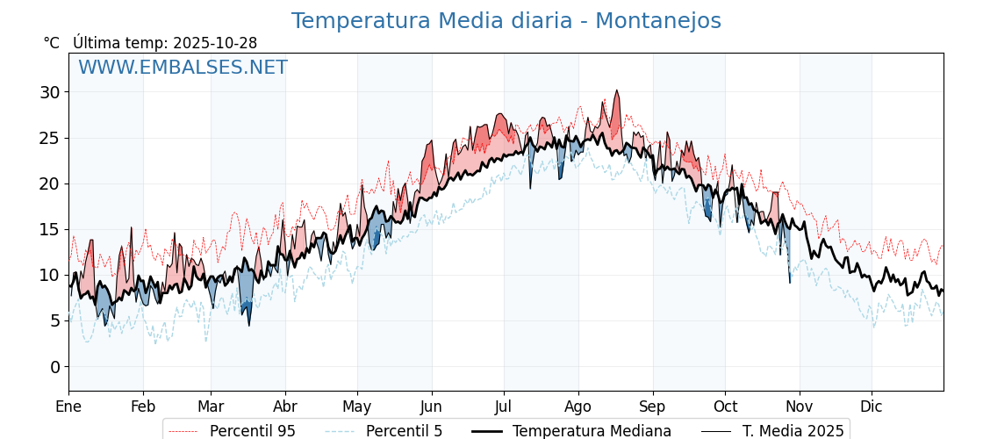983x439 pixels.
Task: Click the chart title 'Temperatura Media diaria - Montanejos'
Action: tap(506, 21)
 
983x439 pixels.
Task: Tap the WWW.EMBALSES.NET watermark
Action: tap(183, 68)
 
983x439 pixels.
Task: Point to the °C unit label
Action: tap(52, 43)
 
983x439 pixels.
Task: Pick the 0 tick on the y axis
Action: tap(54, 366)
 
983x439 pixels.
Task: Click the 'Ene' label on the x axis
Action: tap(68, 407)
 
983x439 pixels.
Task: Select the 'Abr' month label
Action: tap(285, 407)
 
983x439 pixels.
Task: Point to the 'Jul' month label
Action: tap(504, 407)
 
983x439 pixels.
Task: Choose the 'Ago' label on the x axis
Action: tap(578, 407)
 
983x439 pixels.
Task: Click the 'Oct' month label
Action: tap(725, 407)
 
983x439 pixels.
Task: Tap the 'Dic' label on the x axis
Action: tap(872, 407)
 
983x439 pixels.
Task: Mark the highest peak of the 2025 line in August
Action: tap(617, 90)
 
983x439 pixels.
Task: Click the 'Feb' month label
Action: tap(143, 407)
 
